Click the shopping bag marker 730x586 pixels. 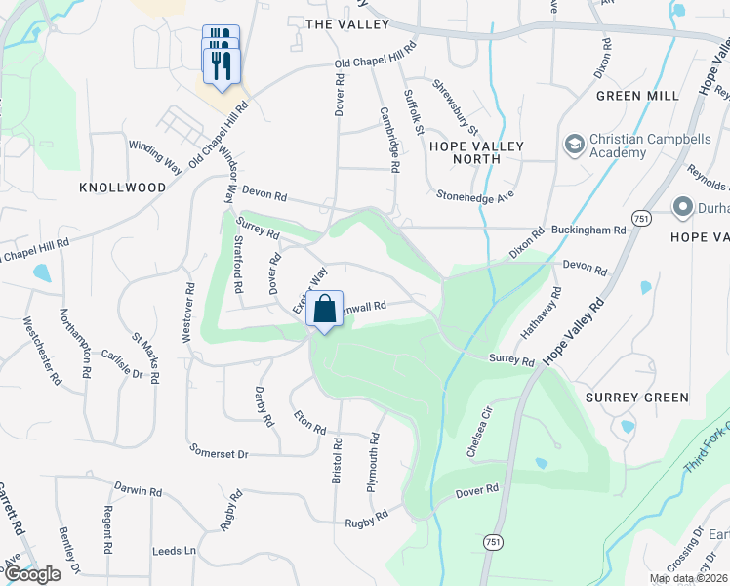[325, 309]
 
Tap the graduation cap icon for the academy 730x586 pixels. [575, 146]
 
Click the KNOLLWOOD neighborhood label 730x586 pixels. [123, 187]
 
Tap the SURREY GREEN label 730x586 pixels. [637, 398]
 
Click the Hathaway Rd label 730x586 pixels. [539, 313]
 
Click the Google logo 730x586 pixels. [31, 574]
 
